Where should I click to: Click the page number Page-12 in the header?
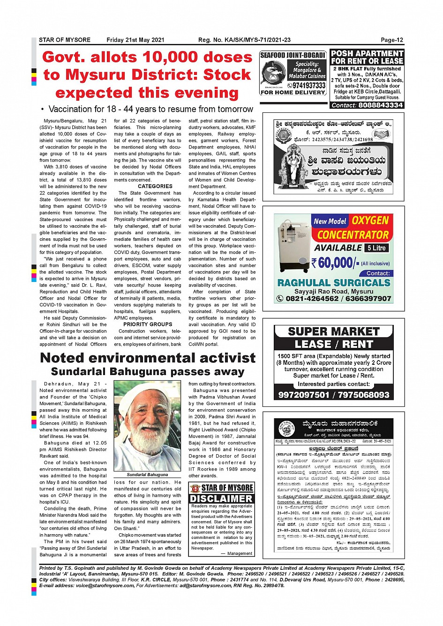(x=392, y=40)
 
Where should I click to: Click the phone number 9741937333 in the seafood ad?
(x=309, y=86)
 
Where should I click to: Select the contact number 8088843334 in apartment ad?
(x=380, y=105)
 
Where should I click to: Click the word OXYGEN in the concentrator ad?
(x=370, y=221)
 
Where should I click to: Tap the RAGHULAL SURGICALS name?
(x=334, y=283)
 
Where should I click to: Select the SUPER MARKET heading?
(x=333, y=331)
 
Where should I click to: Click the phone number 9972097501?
(x=304, y=395)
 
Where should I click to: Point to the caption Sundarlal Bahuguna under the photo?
(x=147, y=475)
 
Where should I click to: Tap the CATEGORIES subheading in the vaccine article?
(x=155, y=186)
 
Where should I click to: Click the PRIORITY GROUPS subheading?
(x=148, y=324)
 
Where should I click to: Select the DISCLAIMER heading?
(x=221, y=499)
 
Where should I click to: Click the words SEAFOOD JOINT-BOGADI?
(x=293, y=55)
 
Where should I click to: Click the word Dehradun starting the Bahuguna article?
(x=58, y=384)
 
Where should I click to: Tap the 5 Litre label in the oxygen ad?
(x=377, y=248)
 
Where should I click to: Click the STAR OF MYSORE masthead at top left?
(x=65, y=40)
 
